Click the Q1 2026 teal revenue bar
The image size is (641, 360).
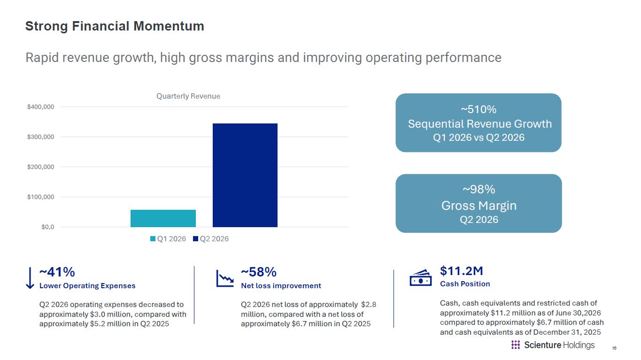163,218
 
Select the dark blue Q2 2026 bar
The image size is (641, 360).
245,175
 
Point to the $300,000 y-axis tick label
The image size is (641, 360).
41,137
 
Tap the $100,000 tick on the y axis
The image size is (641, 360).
41,197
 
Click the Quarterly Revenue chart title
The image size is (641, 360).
188,96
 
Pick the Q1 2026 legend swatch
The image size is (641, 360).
153,239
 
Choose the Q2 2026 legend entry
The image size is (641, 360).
211,239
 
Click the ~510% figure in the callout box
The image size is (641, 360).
479,109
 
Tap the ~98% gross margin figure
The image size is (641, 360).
479,190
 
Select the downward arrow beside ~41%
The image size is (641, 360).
30,278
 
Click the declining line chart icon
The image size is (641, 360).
225,278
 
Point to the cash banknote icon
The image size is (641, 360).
421,278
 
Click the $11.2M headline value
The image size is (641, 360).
461,271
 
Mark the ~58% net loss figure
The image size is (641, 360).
259,272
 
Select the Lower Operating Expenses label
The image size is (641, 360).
87,286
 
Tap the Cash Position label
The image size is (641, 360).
465,284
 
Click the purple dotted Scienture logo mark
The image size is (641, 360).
515,345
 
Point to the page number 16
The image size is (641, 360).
614,348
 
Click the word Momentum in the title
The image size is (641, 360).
169,26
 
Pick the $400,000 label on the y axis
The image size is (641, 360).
41,107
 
